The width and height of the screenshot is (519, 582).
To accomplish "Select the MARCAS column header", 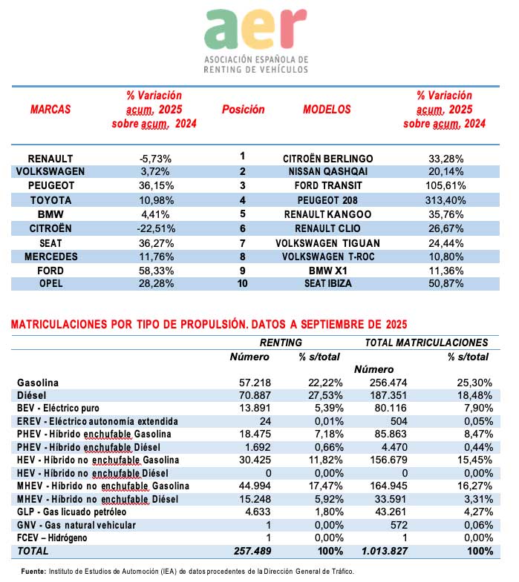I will [50, 110].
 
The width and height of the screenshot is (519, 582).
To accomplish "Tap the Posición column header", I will [243, 110].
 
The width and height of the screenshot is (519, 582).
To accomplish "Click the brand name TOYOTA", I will [50, 200].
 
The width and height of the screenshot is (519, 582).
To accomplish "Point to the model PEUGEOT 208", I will [328, 200].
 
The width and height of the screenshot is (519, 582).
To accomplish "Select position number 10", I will [243, 283].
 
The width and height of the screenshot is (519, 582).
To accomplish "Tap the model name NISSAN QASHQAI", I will [328, 172].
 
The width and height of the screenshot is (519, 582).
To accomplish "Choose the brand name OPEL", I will [50, 283].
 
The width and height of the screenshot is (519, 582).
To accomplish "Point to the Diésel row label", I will [33, 395].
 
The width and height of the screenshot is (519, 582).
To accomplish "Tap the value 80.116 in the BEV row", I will [386, 408].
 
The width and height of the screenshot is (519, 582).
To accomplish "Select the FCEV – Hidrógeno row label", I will [58, 537].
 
